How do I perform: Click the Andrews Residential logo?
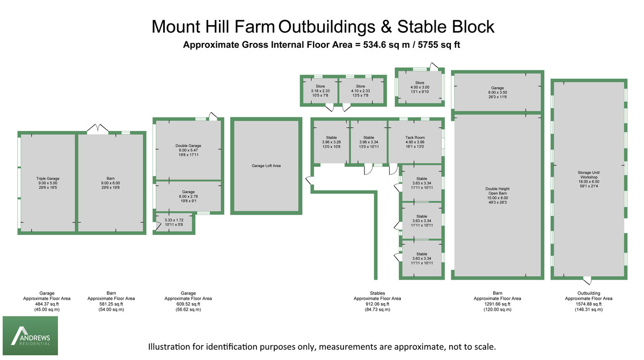click(30, 335)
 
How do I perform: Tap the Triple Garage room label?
click(48, 183)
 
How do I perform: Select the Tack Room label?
click(415, 142)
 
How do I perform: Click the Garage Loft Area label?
click(266, 166)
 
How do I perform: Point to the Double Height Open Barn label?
click(497, 196)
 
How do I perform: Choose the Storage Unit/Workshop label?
click(589, 179)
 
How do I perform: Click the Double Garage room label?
click(188, 150)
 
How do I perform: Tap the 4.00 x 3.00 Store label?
click(420, 87)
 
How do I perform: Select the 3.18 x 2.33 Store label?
click(320, 91)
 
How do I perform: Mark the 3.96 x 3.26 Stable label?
click(332, 142)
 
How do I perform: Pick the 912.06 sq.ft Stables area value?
click(377, 304)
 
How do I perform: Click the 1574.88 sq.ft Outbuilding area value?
click(589, 304)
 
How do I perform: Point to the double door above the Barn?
click(98, 129)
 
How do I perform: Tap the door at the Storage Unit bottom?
click(587, 280)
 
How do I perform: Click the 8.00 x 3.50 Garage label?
click(497, 92)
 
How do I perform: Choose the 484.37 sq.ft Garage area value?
click(47, 304)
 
